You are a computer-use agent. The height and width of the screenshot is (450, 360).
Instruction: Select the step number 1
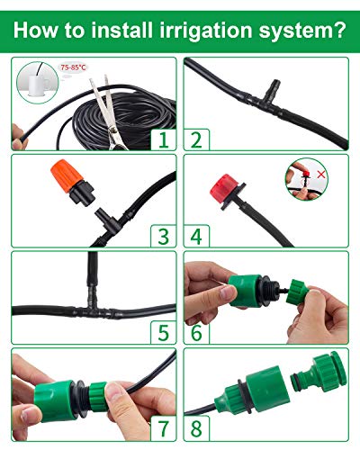tap(163, 139)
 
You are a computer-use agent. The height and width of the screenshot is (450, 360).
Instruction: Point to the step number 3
tap(163, 236)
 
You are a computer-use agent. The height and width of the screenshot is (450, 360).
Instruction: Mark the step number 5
tap(163, 333)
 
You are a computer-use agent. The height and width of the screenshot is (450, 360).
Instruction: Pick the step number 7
tap(163, 430)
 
